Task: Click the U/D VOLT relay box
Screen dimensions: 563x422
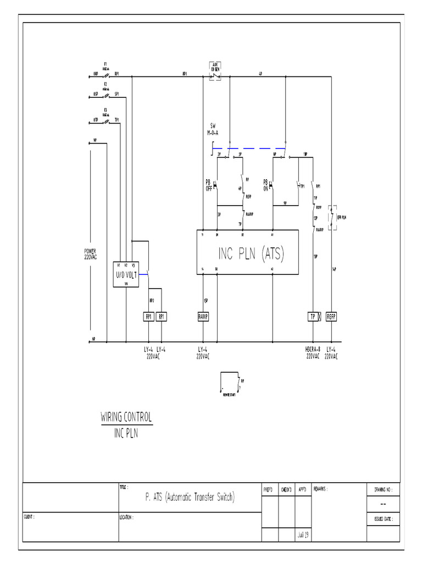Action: tap(126, 274)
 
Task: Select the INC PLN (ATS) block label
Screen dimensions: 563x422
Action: tap(251, 253)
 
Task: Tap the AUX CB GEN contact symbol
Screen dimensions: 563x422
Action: tap(215, 74)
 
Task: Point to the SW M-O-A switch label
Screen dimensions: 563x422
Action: tap(212, 129)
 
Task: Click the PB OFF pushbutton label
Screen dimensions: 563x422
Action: tap(209, 185)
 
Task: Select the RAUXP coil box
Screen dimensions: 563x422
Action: tap(204, 317)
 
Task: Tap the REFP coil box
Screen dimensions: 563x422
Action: tap(331, 317)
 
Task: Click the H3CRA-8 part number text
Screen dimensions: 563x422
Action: tap(314, 349)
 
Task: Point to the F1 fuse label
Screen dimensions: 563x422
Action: tap(105, 64)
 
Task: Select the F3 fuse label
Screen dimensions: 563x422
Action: tap(105, 109)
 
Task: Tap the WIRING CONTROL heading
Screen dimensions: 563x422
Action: tap(126, 417)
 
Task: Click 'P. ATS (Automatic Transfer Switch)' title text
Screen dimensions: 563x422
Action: tap(190, 497)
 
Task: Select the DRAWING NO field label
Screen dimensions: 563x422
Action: tap(382, 488)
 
